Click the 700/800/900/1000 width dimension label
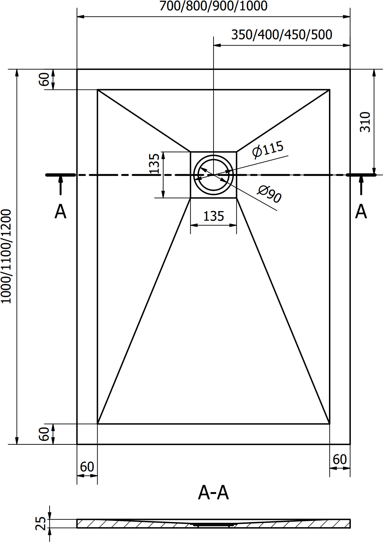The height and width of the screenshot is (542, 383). click(x=214, y=6)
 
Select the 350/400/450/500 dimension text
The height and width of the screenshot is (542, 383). click(x=282, y=35)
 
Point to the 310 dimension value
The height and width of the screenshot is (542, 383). click(x=365, y=122)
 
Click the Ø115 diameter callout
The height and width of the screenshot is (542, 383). click(x=268, y=149)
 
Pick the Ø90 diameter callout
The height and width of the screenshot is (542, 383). click(x=269, y=194)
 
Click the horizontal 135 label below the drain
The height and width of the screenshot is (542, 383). click(x=214, y=216)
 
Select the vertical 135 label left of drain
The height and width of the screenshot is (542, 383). click(x=154, y=163)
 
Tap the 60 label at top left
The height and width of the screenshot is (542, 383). click(x=44, y=79)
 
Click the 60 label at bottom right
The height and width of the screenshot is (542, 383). click(x=340, y=459)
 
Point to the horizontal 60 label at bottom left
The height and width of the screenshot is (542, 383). click(x=87, y=467)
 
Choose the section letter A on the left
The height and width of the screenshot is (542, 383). click(x=60, y=211)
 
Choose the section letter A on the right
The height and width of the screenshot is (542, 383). click(x=361, y=211)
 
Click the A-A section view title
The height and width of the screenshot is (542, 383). click(x=214, y=492)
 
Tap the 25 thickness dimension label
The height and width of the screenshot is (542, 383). click(x=40, y=524)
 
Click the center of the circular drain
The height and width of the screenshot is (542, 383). click(x=214, y=175)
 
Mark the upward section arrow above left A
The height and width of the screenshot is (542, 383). click(x=61, y=185)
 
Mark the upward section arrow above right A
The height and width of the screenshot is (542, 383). click(x=361, y=185)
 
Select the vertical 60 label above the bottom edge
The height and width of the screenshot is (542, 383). click(x=44, y=434)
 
